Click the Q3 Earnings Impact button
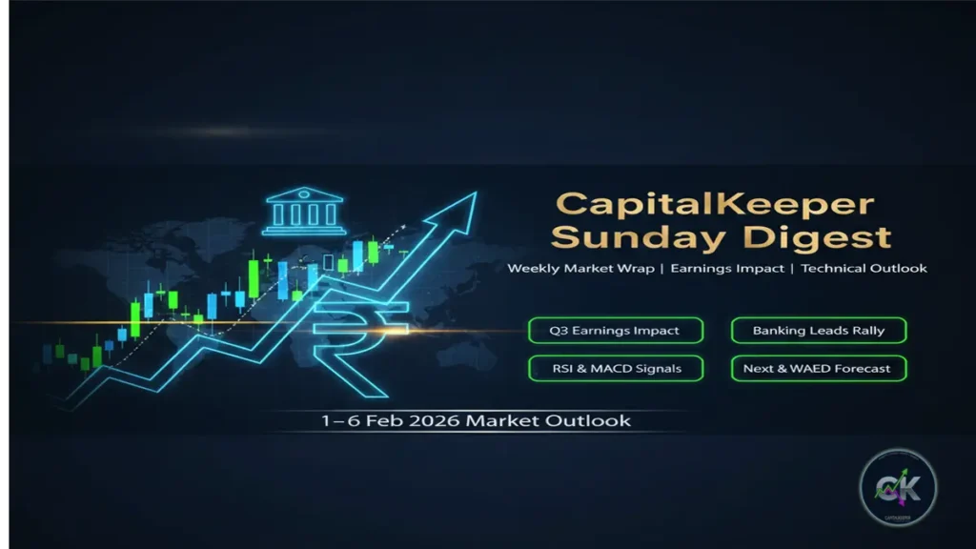[615, 331]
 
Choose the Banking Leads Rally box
[819, 331]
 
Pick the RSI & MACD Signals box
[615, 368]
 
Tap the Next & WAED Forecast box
[819, 368]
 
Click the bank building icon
[304, 211]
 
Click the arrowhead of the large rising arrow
[457, 211]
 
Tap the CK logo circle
[898, 488]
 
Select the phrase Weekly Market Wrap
[580, 269]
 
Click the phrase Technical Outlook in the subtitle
[864, 269]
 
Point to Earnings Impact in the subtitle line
[727, 269]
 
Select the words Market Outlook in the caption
[548, 420]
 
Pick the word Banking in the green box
[779, 331]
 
